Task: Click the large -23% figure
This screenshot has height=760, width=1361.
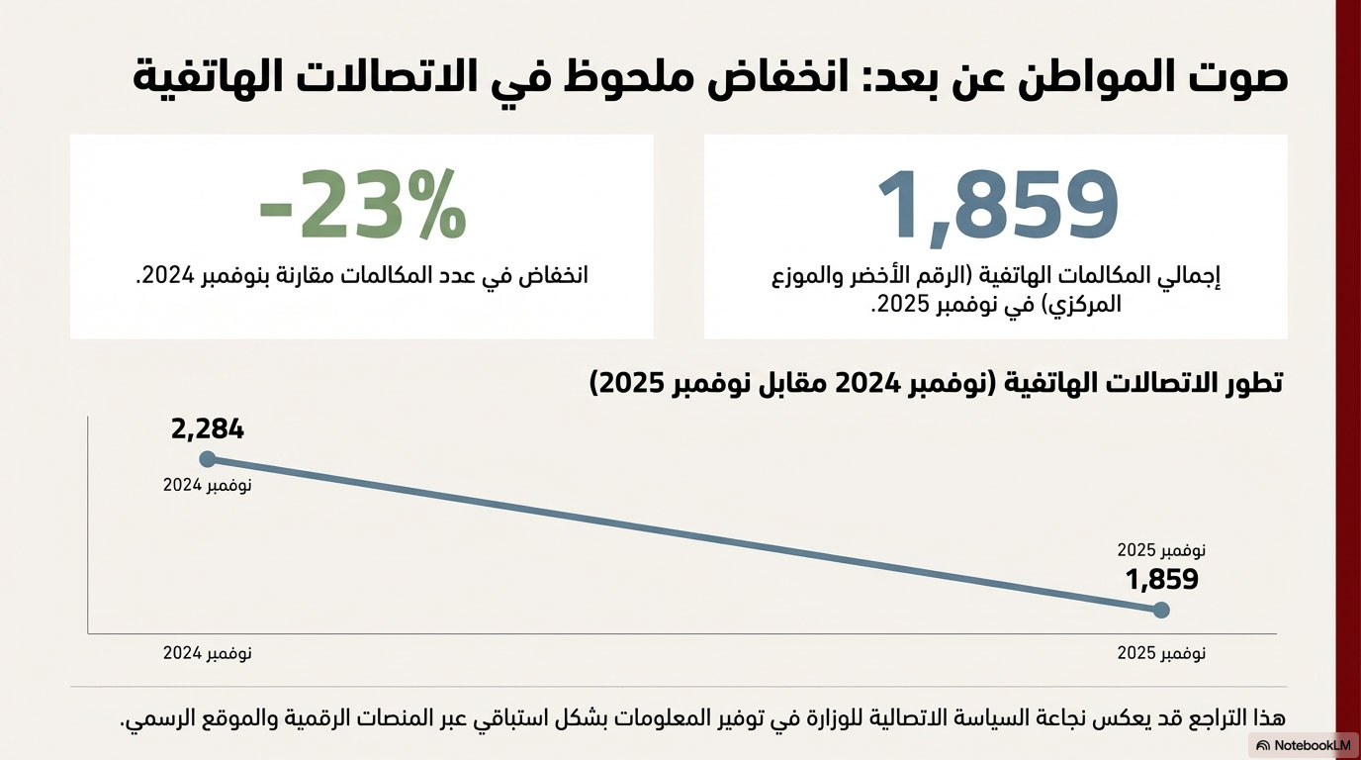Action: click(362, 205)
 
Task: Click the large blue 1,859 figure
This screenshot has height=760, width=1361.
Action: click(998, 205)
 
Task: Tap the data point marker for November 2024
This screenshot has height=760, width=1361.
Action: click(208, 458)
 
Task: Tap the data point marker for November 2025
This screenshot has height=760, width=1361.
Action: click(1161, 611)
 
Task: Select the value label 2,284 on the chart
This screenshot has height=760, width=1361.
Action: click(207, 429)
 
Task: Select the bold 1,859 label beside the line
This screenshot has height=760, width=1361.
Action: click(1162, 580)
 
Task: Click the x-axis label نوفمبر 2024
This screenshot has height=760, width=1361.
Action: click(207, 654)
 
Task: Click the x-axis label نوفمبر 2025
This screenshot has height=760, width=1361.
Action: click(1161, 654)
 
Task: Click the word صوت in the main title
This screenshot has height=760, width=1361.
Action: click(1241, 77)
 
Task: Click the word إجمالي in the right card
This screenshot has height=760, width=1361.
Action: click(1192, 276)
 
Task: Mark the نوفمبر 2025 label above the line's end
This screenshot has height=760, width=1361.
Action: click(1161, 550)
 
